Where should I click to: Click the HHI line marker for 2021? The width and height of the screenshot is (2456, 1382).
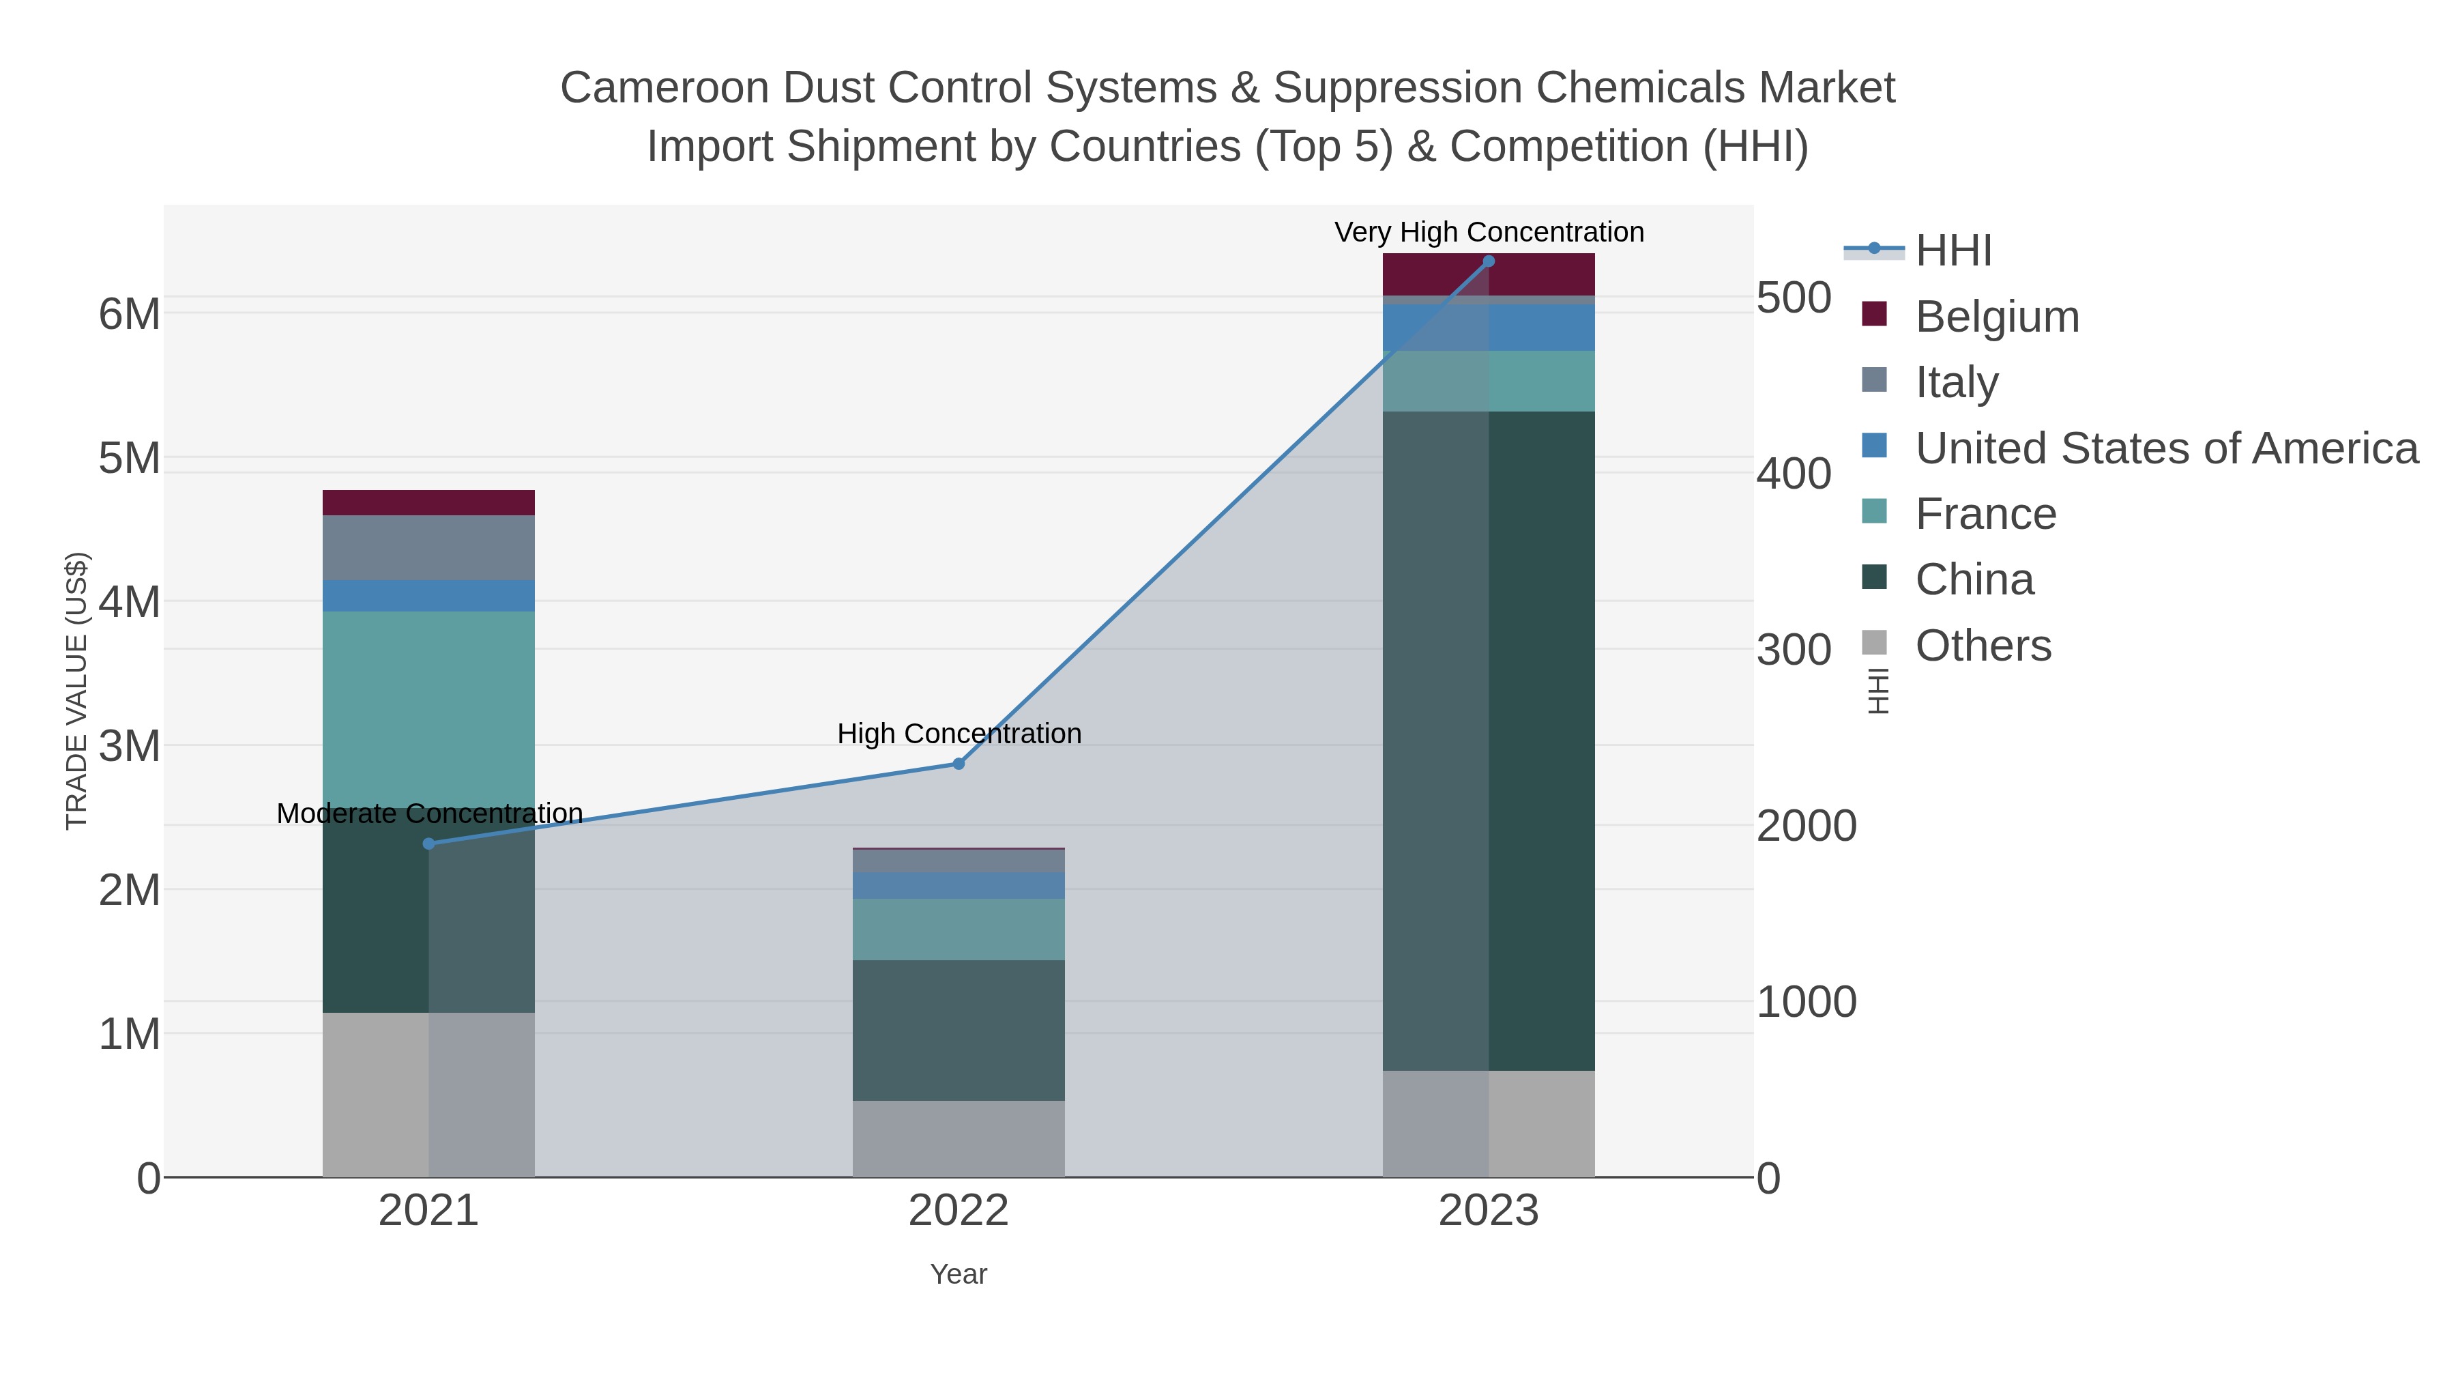[x=429, y=843]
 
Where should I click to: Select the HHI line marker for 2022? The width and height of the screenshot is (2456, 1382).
[x=959, y=764]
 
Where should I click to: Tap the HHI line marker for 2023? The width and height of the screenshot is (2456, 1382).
[x=1489, y=261]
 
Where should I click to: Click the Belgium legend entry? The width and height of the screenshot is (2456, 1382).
[x=1996, y=317]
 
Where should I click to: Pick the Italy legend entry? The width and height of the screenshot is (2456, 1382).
[x=1957, y=382]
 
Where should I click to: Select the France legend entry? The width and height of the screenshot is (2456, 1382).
[x=1985, y=514]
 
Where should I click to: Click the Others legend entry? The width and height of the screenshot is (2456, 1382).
[x=1983, y=646]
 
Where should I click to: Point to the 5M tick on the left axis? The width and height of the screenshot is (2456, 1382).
[x=130, y=458]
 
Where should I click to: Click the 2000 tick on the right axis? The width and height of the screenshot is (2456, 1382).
[x=1806, y=826]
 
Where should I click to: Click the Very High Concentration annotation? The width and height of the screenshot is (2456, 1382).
[x=1489, y=232]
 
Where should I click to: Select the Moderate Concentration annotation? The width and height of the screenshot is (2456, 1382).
[x=429, y=814]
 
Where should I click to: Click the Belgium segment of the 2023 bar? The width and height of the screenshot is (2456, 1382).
[x=1489, y=274]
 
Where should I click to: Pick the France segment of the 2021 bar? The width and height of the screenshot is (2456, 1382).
[x=429, y=706]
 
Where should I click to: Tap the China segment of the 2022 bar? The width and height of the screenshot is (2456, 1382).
[x=959, y=1030]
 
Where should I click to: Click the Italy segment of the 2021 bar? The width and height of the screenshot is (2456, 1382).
[x=429, y=547]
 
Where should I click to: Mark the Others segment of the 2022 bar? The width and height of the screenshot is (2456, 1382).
[x=959, y=1139]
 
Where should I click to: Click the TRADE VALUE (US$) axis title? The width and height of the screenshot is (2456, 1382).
[x=76, y=691]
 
